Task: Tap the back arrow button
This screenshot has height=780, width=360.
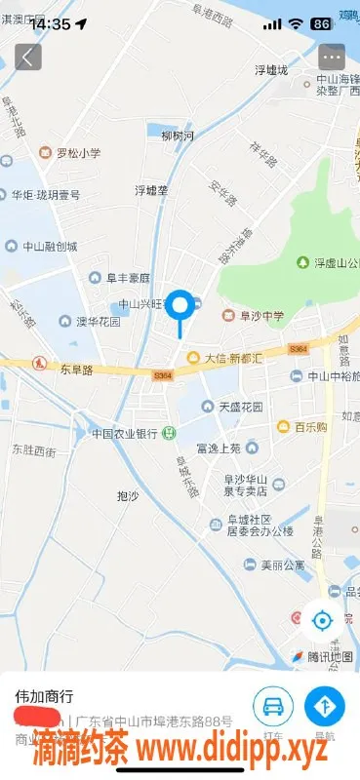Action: tap(27, 57)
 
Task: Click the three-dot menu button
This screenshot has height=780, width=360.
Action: tap(332, 57)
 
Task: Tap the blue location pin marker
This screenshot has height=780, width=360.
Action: tap(180, 306)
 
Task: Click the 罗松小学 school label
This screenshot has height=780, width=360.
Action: tap(70, 152)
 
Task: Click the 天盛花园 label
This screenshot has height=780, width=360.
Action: tap(239, 406)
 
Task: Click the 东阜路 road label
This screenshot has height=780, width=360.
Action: tap(76, 370)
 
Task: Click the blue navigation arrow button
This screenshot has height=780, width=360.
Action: tap(325, 706)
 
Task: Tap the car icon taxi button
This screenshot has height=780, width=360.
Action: tap(273, 706)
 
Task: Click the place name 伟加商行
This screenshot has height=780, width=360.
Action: tap(45, 697)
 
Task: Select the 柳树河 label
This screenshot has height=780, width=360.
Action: tap(178, 136)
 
